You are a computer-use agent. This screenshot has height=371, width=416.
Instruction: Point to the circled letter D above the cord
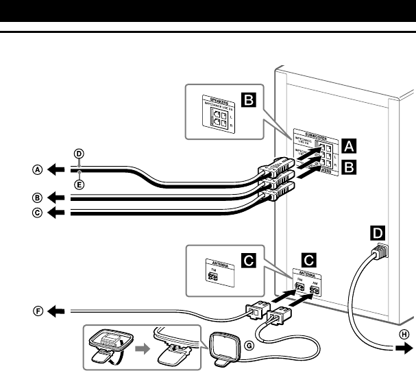coord(79,155)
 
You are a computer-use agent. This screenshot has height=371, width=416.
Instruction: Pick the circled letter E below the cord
coord(79,184)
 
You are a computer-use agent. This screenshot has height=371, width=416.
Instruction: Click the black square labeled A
coord(349,145)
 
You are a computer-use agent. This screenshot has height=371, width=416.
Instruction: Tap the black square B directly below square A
coord(349,165)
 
